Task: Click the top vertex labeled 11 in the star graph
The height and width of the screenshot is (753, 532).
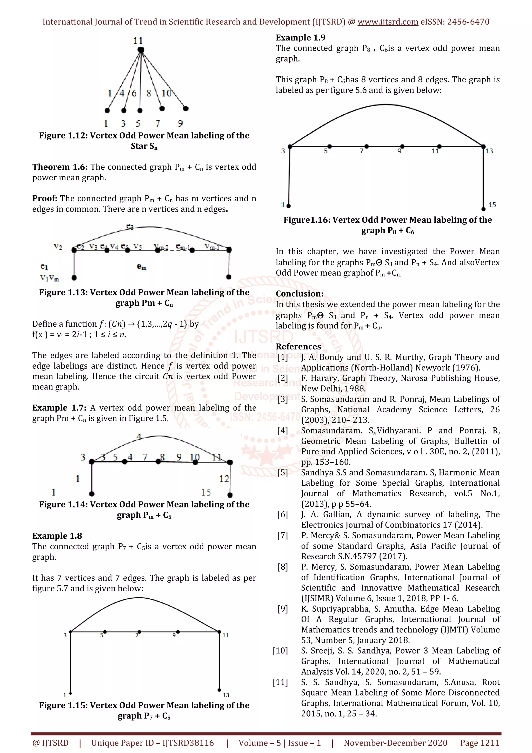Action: point(141,50)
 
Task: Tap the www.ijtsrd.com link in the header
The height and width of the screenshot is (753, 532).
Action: point(388,22)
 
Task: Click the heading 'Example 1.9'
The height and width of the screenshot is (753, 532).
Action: point(300,38)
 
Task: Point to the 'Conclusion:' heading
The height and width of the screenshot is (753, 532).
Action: point(299,294)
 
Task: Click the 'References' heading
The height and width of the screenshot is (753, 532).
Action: point(298,347)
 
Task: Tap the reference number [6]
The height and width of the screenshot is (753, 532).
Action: point(283,514)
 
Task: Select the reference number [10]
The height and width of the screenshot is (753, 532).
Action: point(280,651)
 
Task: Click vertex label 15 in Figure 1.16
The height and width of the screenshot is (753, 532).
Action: point(492,205)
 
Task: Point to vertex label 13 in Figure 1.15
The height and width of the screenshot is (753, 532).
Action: point(226,695)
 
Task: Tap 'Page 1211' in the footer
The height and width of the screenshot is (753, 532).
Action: point(480,743)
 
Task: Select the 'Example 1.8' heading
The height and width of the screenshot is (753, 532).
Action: point(57,536)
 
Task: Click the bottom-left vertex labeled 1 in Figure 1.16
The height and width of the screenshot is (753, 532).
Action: point(288,206)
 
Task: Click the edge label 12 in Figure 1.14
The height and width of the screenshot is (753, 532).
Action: point(224,479)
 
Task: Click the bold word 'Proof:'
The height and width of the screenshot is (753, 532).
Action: point(45,199)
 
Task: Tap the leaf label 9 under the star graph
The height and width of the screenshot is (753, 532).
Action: point(180,123)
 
